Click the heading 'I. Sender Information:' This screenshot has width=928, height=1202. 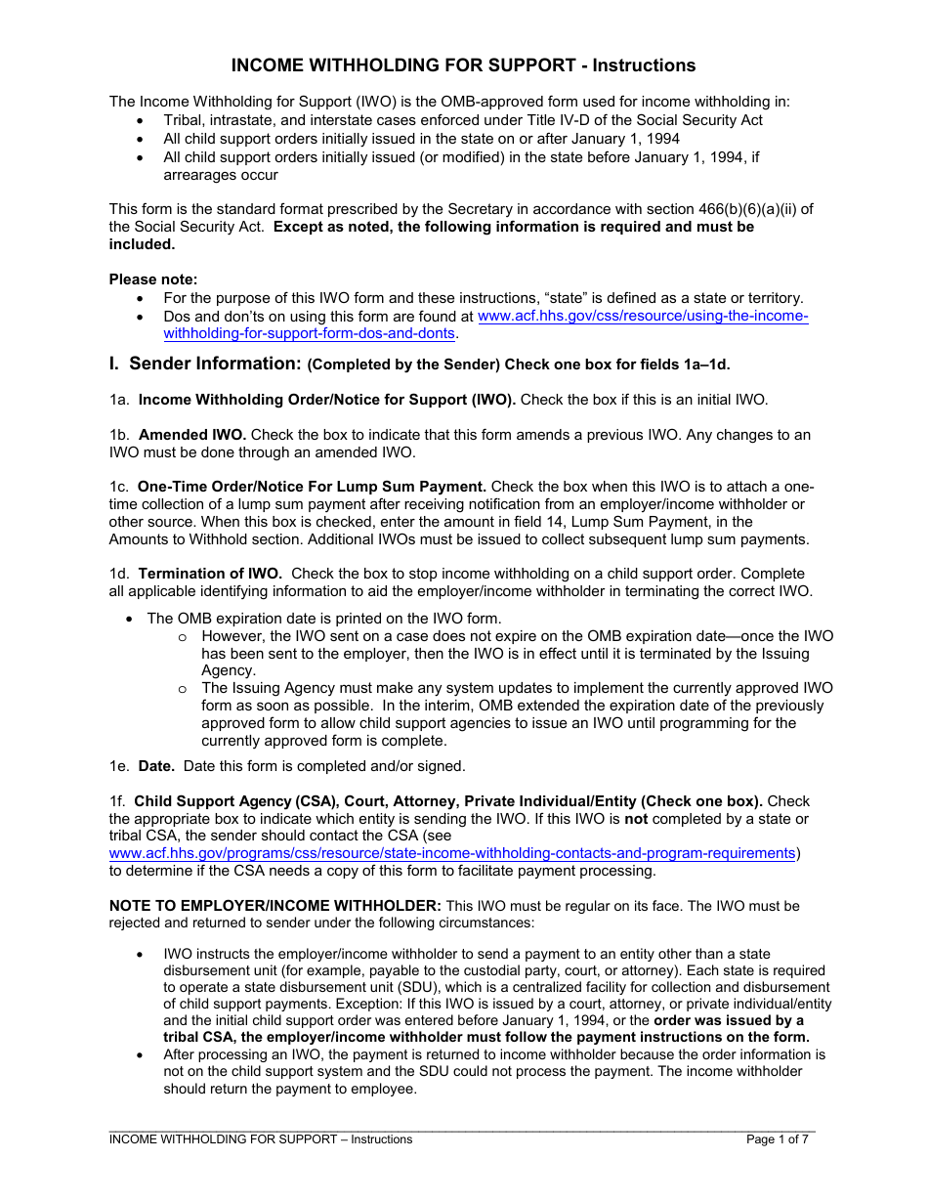point(204,364)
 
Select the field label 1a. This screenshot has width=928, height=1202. point(118,399)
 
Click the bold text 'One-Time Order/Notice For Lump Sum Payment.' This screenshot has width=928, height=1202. point(312,487)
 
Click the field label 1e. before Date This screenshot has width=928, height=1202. point(118,766)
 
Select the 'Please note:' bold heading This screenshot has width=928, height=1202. point(152,279)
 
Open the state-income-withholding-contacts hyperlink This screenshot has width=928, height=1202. point(452,853)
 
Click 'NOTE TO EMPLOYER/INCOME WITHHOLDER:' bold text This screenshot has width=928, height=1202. point(274,906)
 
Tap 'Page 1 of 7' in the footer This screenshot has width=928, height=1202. point(777,1139)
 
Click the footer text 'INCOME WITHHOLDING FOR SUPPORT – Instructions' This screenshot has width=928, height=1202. point(260,1139)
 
